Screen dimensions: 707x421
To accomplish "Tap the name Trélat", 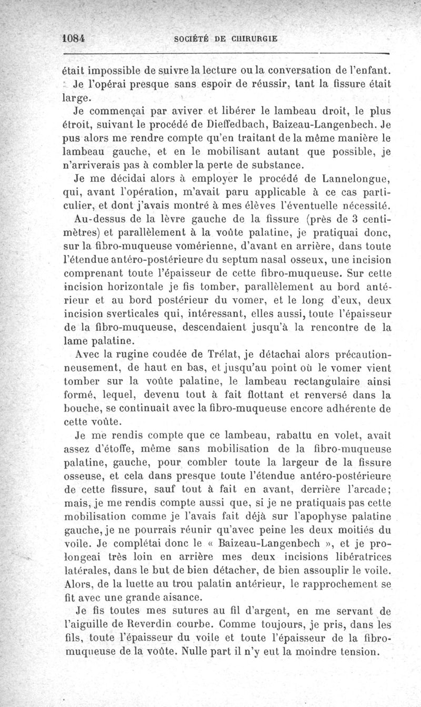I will [185, 353].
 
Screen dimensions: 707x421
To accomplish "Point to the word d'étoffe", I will [114, 448].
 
